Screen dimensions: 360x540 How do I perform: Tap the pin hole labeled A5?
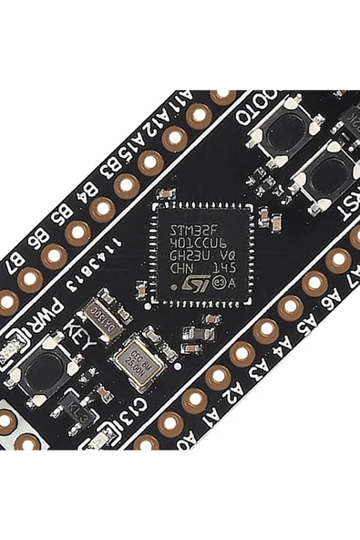click(266, 329)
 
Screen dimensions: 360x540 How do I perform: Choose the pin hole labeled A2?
click(194, 400)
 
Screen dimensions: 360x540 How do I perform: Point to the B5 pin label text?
click(66, 216)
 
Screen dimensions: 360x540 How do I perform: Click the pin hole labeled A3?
click(218, 376)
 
